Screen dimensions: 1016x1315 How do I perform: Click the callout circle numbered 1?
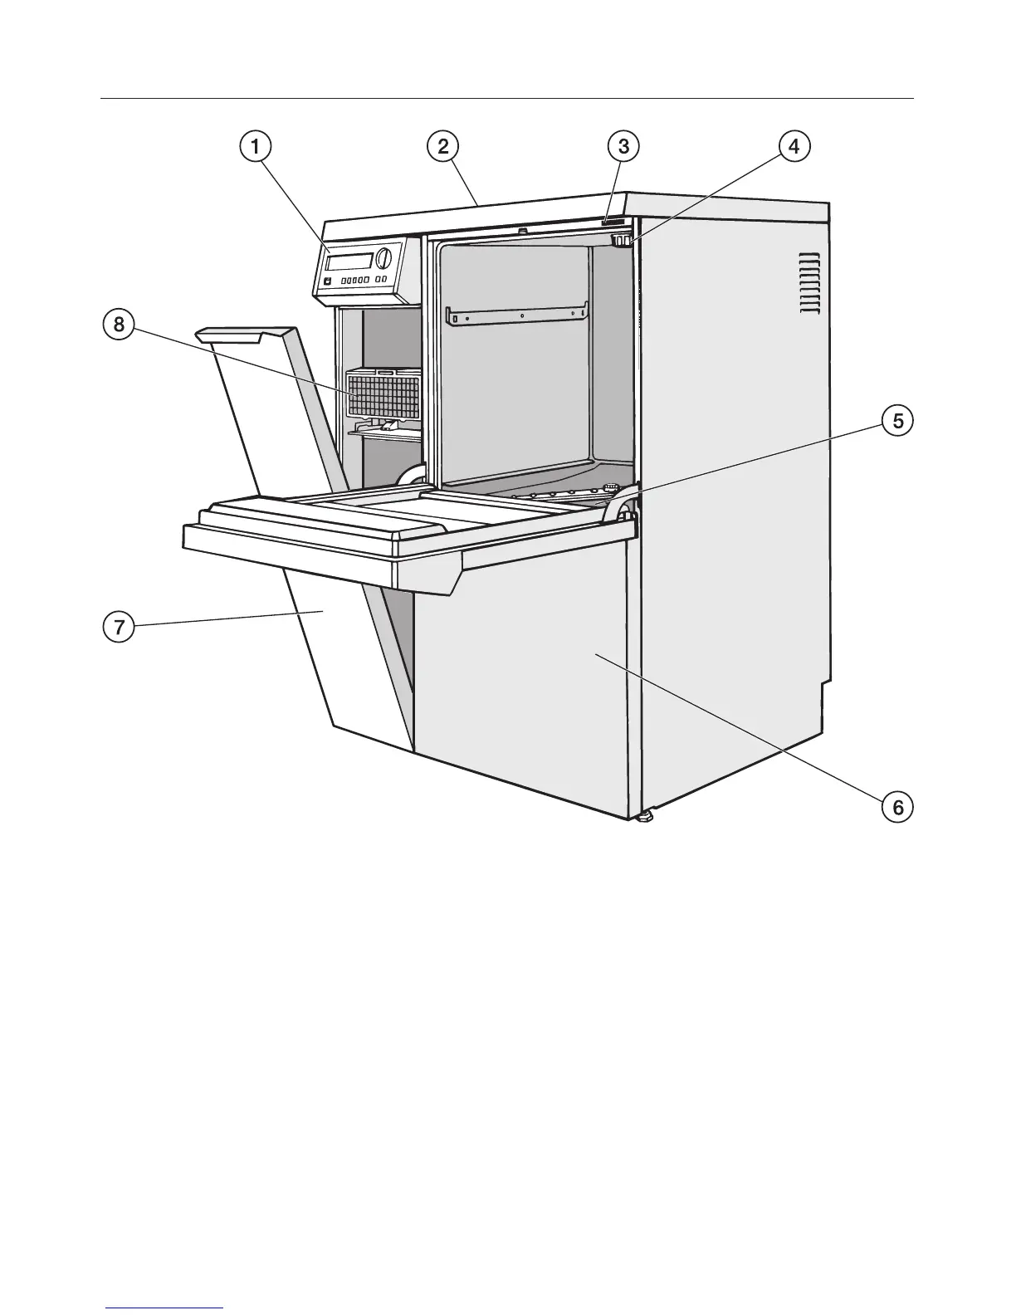pyautogui.click(x=255, y=147)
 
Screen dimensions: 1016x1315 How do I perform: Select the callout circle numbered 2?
pyautogui.click(x=443, y=147)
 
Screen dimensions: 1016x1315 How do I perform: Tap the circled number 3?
pyautogui.click(x=623, y=147)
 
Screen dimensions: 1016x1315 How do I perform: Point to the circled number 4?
pyautogui.click(x=794, y=147)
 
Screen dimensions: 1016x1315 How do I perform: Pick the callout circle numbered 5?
pyautogui.click(x=897, y=421)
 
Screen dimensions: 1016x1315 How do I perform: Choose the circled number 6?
pyautogui.click(x=897, y=805)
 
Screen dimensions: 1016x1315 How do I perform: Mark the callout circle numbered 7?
pyautogui.click(x=120, y=628)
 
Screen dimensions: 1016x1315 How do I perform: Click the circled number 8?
pyautogui.click(x=120, y=324)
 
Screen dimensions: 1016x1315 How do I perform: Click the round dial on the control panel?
pyautogui.click(x=383, y=258)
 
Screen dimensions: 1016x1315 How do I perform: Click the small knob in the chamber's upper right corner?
pyautogui.click(x=620, y=241)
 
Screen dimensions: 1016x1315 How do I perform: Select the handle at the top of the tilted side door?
pyautogui.click(x=231, y=334)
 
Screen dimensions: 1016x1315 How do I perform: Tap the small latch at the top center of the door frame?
pyautogui.click(x=521, y=231)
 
